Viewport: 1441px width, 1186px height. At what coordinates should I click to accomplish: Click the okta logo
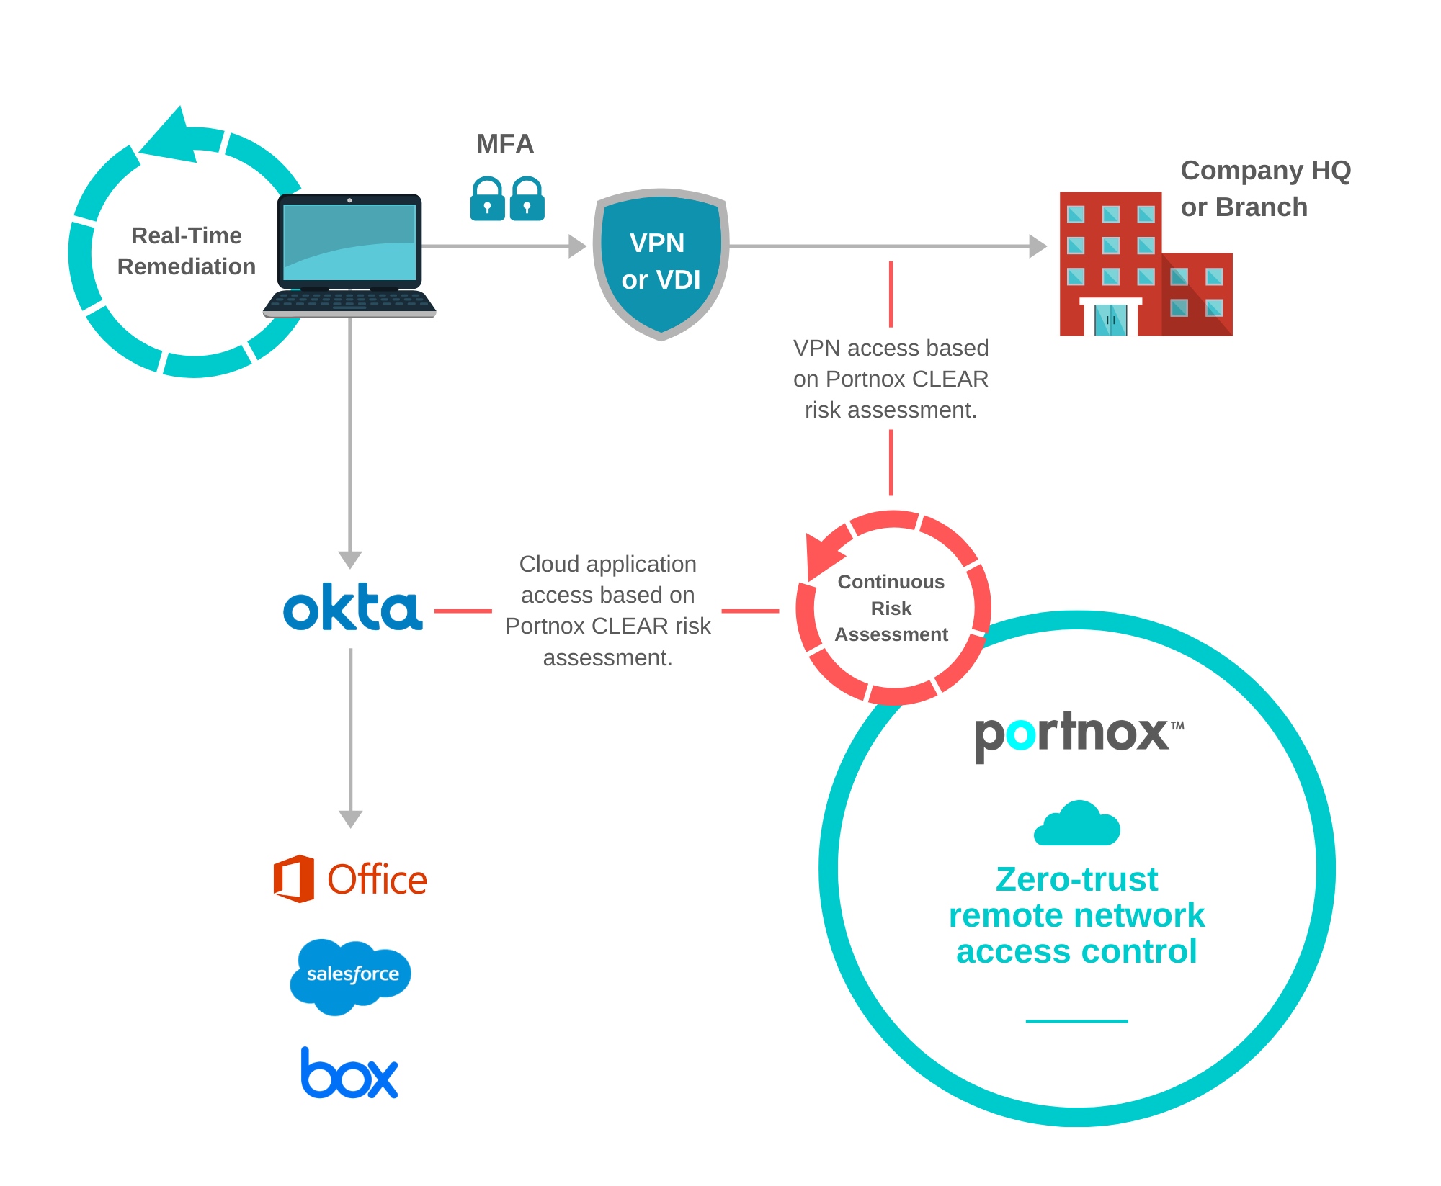click(352, 608)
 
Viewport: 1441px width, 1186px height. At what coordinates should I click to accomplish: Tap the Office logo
click(350, 879)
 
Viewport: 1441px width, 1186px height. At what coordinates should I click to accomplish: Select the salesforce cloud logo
click(351, 975)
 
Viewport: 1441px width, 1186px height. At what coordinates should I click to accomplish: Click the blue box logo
click(349, 1074)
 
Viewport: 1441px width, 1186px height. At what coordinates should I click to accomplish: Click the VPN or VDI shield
click(661, 262)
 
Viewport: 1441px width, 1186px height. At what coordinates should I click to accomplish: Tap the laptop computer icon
click(349, 256)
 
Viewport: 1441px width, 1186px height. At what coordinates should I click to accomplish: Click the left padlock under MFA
click(488, 199)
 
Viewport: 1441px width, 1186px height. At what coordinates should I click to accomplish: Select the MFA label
click(505, 144)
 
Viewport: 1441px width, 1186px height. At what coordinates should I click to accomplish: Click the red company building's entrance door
click(1110, 319)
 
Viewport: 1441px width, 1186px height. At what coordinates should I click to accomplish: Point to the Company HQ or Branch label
click(1264, 189)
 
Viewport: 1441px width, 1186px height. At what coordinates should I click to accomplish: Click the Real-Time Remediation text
click(187, 251)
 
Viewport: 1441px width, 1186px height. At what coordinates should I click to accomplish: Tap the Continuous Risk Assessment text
click(891, 608)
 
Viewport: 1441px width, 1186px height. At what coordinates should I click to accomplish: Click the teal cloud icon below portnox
click(1076, 824)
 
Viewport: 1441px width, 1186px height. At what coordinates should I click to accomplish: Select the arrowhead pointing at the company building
click(1037, 246)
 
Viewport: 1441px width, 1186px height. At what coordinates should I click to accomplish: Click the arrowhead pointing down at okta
click(350, 560)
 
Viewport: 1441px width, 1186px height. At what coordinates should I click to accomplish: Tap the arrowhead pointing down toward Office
click(350, 819)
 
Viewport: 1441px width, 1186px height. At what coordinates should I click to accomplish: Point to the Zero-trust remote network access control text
click(1076, 915)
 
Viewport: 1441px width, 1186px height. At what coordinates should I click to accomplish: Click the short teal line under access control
click(1076, 1020)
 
